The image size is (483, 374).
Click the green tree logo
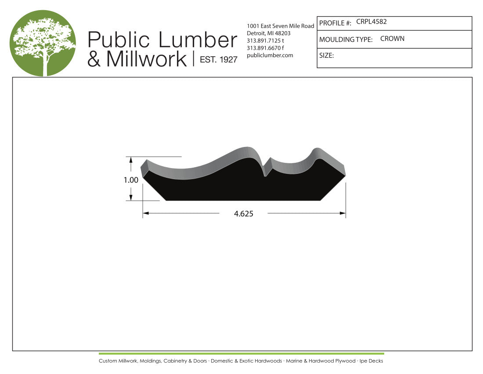click(43, 43)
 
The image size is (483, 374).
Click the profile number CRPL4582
click(371, 22)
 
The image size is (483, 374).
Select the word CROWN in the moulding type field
click(392, 39)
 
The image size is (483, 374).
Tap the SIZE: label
click(327, 55)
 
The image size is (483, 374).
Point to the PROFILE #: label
click(335, 23)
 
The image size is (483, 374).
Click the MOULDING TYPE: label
click(346, 40)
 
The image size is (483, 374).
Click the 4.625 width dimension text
click(244, 213)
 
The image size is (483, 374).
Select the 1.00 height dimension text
click(131, 180)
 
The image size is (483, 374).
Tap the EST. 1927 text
click(219, 59)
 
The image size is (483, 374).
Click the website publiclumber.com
click(270, 55)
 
